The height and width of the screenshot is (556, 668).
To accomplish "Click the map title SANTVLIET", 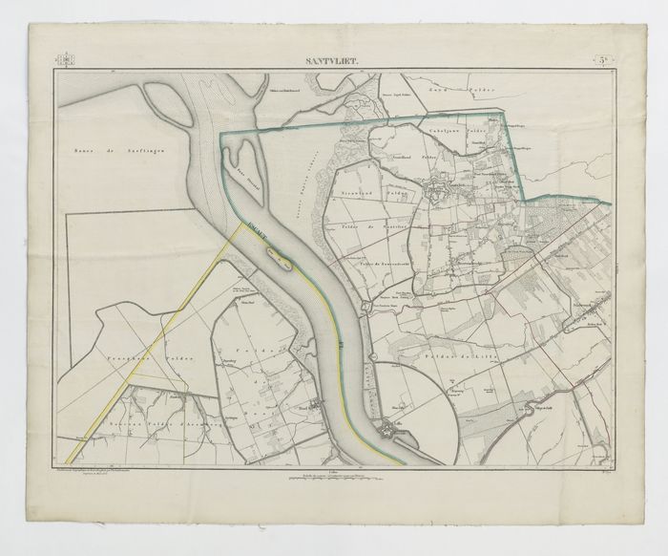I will (332, 62).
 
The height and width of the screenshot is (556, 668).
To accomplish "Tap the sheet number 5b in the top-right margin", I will (605, 62).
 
